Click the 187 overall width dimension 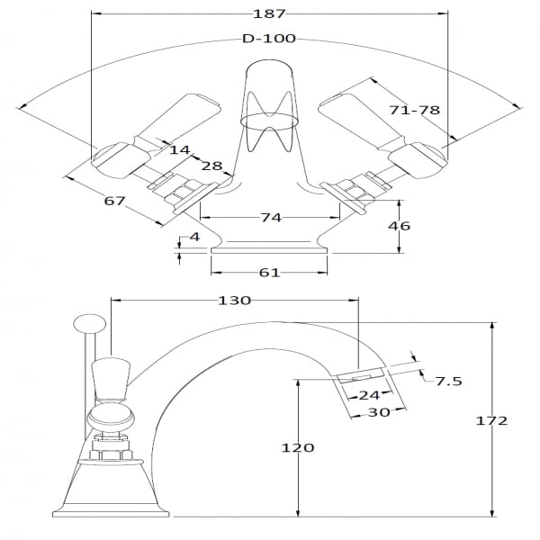point(270,13)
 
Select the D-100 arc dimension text point(269,39)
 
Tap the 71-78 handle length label point(415,110)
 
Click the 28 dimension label point(211,166)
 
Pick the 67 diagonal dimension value point(114,201)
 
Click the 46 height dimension point(398,225)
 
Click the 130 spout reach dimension point(234,301)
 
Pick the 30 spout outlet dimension point(377,413)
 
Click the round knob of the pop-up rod point(88,322)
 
